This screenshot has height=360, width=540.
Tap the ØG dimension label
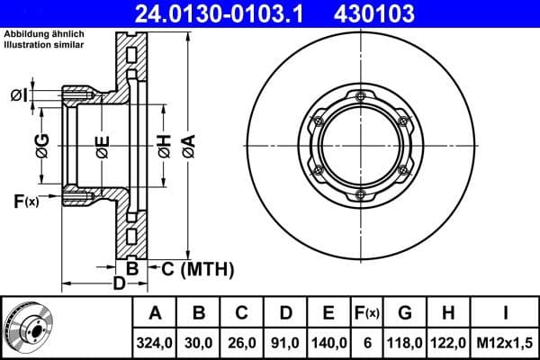[42, 143]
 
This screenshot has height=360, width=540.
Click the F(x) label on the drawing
[26, 200]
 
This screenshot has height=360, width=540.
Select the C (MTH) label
[197, 268]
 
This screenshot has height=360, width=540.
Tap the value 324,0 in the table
[155, 342]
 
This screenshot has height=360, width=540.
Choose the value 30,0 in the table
[200, 342]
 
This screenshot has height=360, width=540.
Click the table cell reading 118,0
[405, 342]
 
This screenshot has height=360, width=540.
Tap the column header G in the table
[405, 314]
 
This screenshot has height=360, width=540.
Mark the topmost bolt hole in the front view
[360, 97]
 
